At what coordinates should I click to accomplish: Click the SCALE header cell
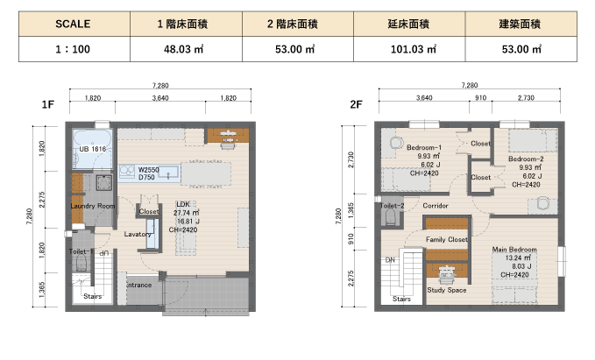[74, 24]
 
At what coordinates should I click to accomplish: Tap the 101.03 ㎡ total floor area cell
[409, 49]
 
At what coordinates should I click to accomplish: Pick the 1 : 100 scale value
[73, 49]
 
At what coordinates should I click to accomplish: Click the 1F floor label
[48, 104]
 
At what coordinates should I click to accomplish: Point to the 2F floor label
[356, 104]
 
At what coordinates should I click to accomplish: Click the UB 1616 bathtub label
[93, 149]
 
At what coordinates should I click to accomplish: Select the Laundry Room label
[93, 206]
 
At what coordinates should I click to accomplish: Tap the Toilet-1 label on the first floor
[81, 251]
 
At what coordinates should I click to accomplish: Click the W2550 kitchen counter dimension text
[148, 170]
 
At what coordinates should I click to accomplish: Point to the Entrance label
[138, 285]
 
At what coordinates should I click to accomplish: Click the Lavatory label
[138, 234]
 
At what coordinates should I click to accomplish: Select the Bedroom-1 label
[424, 147]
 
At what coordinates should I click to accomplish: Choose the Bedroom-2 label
[526, 159]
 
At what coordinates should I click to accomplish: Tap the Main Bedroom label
[514, 250]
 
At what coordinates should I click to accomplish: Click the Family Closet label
[447, 239]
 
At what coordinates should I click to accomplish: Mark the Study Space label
[447, 290]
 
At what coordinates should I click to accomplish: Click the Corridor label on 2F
[436, 206]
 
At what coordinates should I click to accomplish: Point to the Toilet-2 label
[392, 206]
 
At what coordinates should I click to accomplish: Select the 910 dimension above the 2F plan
[480, 98]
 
